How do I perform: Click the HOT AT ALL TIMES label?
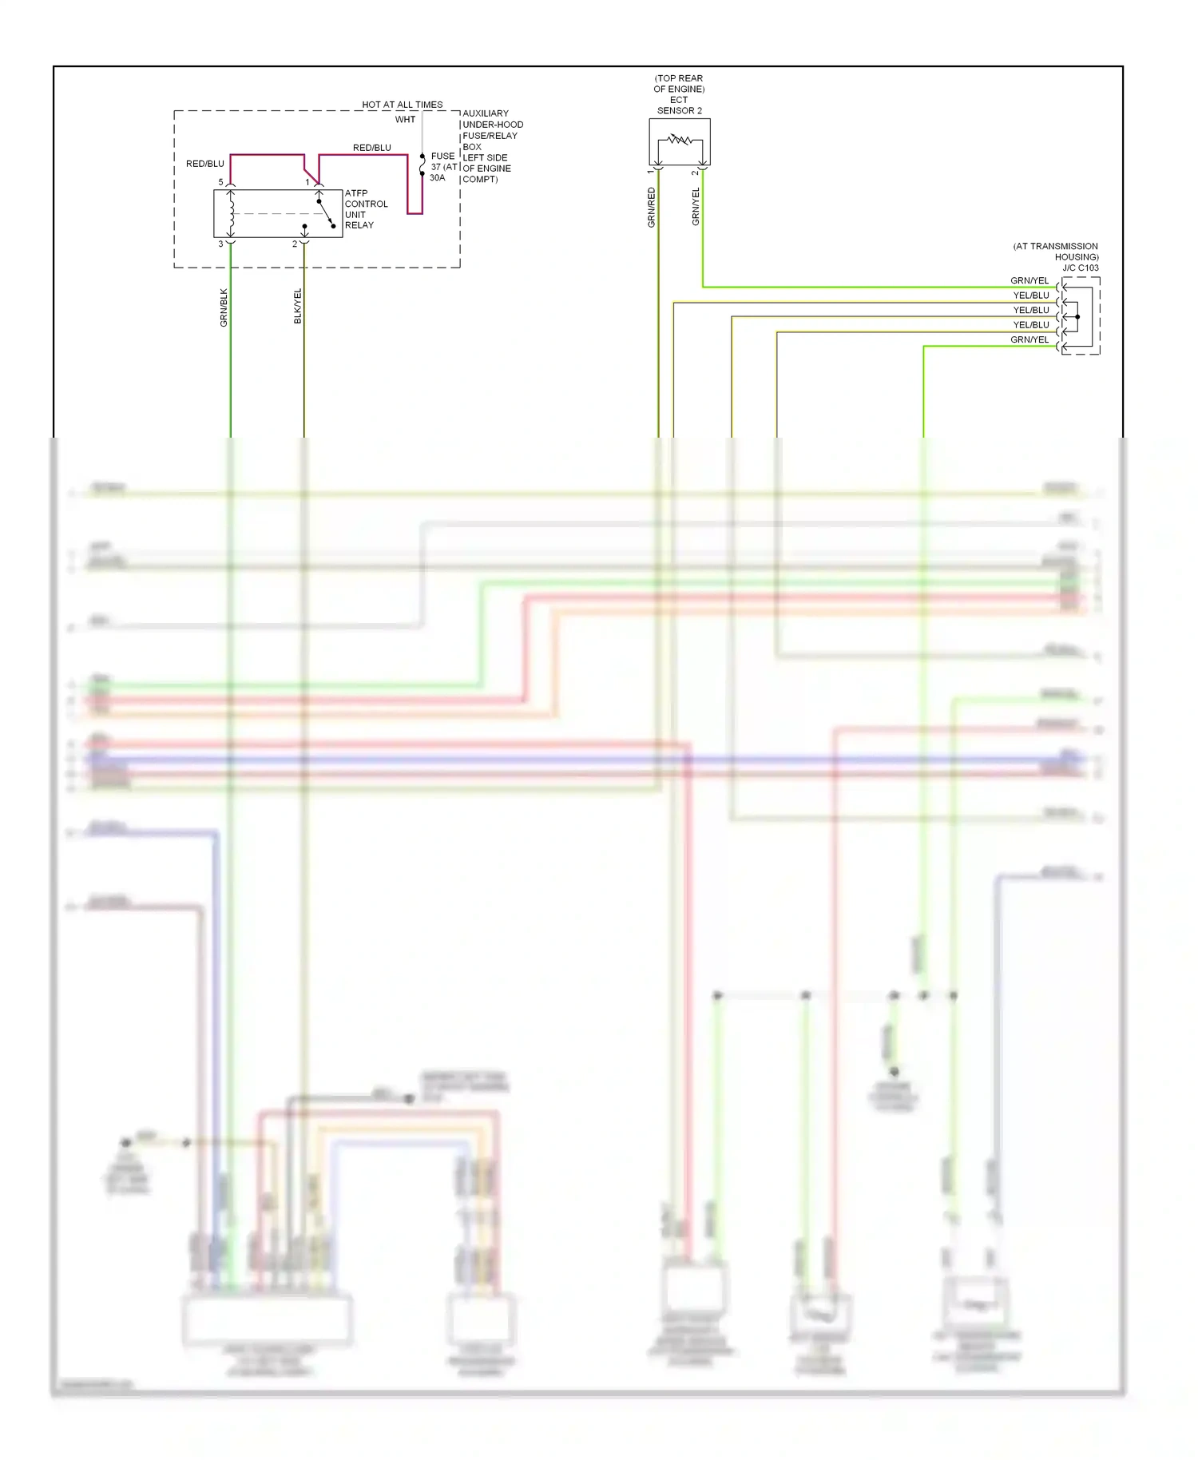coord(402,105)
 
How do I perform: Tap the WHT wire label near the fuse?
coord(405,120)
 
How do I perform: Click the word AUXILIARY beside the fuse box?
coord(486,113)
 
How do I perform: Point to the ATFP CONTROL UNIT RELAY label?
coord(366,209)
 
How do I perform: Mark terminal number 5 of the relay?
coord(221,182)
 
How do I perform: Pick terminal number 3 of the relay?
coord(221,244)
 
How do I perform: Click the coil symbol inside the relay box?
coord(232,213)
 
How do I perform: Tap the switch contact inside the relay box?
coord(325,212)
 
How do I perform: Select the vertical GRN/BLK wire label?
coord(224,307)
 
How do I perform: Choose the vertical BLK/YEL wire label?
coord(298,306)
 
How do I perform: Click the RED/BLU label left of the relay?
coord(205,164)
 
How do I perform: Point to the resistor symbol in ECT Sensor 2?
coord(680,141)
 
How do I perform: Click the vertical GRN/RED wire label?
coord(652,208)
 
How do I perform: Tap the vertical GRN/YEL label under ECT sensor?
coord(696,206)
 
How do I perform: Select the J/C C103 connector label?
coord(1080,268)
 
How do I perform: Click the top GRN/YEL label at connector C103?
coord(1029,280)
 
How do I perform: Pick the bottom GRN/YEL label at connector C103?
coord(1029,339)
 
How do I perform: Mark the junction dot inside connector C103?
coord(1077,317)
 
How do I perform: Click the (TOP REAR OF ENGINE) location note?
coord(679,84)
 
